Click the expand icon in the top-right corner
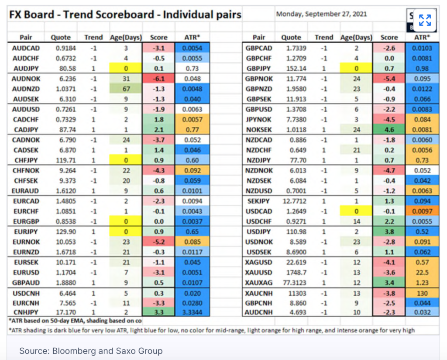coord(425,20)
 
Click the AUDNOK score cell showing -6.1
coord(158,79)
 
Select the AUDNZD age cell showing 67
coord(126,89)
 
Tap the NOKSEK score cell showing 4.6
coord(389,129)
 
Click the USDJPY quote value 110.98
coord(291,232)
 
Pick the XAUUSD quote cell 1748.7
coord(291,272)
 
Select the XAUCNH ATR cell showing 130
coord(422,293)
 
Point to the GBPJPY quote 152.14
coord(291,68)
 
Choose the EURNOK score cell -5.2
coord(158,242)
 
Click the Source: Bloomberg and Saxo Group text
coord(91,350)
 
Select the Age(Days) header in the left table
coord(126,37)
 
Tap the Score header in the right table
coord(389,37)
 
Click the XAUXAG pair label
coord(259,282)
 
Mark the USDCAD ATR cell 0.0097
coord(422,211)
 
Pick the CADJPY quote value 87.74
coord(61,129)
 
